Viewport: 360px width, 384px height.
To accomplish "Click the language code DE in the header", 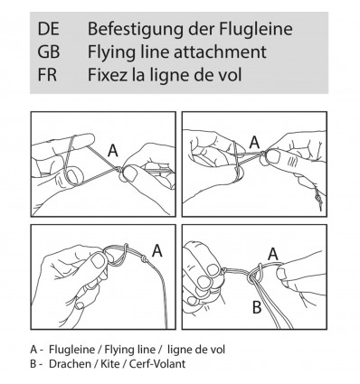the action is pos(48,29).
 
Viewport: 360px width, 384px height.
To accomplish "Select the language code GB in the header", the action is pos(49,52).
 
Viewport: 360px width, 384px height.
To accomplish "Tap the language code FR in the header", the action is pos(47,75).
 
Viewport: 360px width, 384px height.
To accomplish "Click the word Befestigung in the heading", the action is pos(136,30).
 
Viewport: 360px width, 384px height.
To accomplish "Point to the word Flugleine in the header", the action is pos(256,30).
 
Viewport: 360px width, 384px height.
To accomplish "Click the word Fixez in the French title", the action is pos(107,75).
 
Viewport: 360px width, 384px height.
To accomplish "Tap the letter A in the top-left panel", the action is pos(113,150).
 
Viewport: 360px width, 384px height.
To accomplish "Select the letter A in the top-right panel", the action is pos(255,142).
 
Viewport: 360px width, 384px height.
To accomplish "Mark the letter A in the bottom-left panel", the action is pos(156,250).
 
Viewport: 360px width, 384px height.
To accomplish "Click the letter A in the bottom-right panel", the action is pos(273,254).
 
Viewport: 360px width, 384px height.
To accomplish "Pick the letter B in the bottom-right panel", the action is pos(257,307).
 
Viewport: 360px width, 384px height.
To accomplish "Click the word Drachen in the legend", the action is pos(70,364).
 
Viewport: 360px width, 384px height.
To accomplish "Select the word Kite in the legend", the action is pos(109,364).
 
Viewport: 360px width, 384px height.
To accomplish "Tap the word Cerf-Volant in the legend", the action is pos(157,364).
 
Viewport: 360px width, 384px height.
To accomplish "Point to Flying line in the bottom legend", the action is pos(130,350).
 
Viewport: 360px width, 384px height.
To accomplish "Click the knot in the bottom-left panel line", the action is pos(144,258).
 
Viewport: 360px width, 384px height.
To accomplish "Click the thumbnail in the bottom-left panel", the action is pos(98,261).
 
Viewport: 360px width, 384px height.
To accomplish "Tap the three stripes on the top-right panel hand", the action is pos(291,161).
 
